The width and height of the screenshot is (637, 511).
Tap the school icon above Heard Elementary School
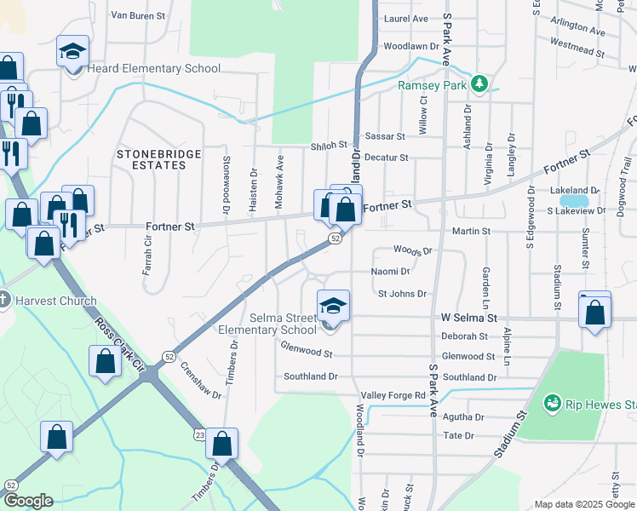pos(72,52)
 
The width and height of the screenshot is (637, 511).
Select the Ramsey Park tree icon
pos(479,84)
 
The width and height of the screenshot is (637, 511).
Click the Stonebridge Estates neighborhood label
pos(159,159)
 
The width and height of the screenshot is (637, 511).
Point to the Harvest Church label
pos(55,301)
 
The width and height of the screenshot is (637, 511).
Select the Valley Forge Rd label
pos(393,396)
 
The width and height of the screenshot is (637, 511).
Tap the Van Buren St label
pos(142,14)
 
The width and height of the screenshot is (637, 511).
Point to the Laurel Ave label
pos(406,18)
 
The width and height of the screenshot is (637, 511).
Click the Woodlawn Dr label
pos(410,46)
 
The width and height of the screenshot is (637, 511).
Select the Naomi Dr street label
pos(391,272)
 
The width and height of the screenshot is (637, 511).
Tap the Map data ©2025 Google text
pos(583,504)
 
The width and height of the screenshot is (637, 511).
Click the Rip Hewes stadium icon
pos(552,402)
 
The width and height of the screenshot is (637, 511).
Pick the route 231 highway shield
pos(199,434)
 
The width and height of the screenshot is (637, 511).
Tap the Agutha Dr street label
pos(463,417)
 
